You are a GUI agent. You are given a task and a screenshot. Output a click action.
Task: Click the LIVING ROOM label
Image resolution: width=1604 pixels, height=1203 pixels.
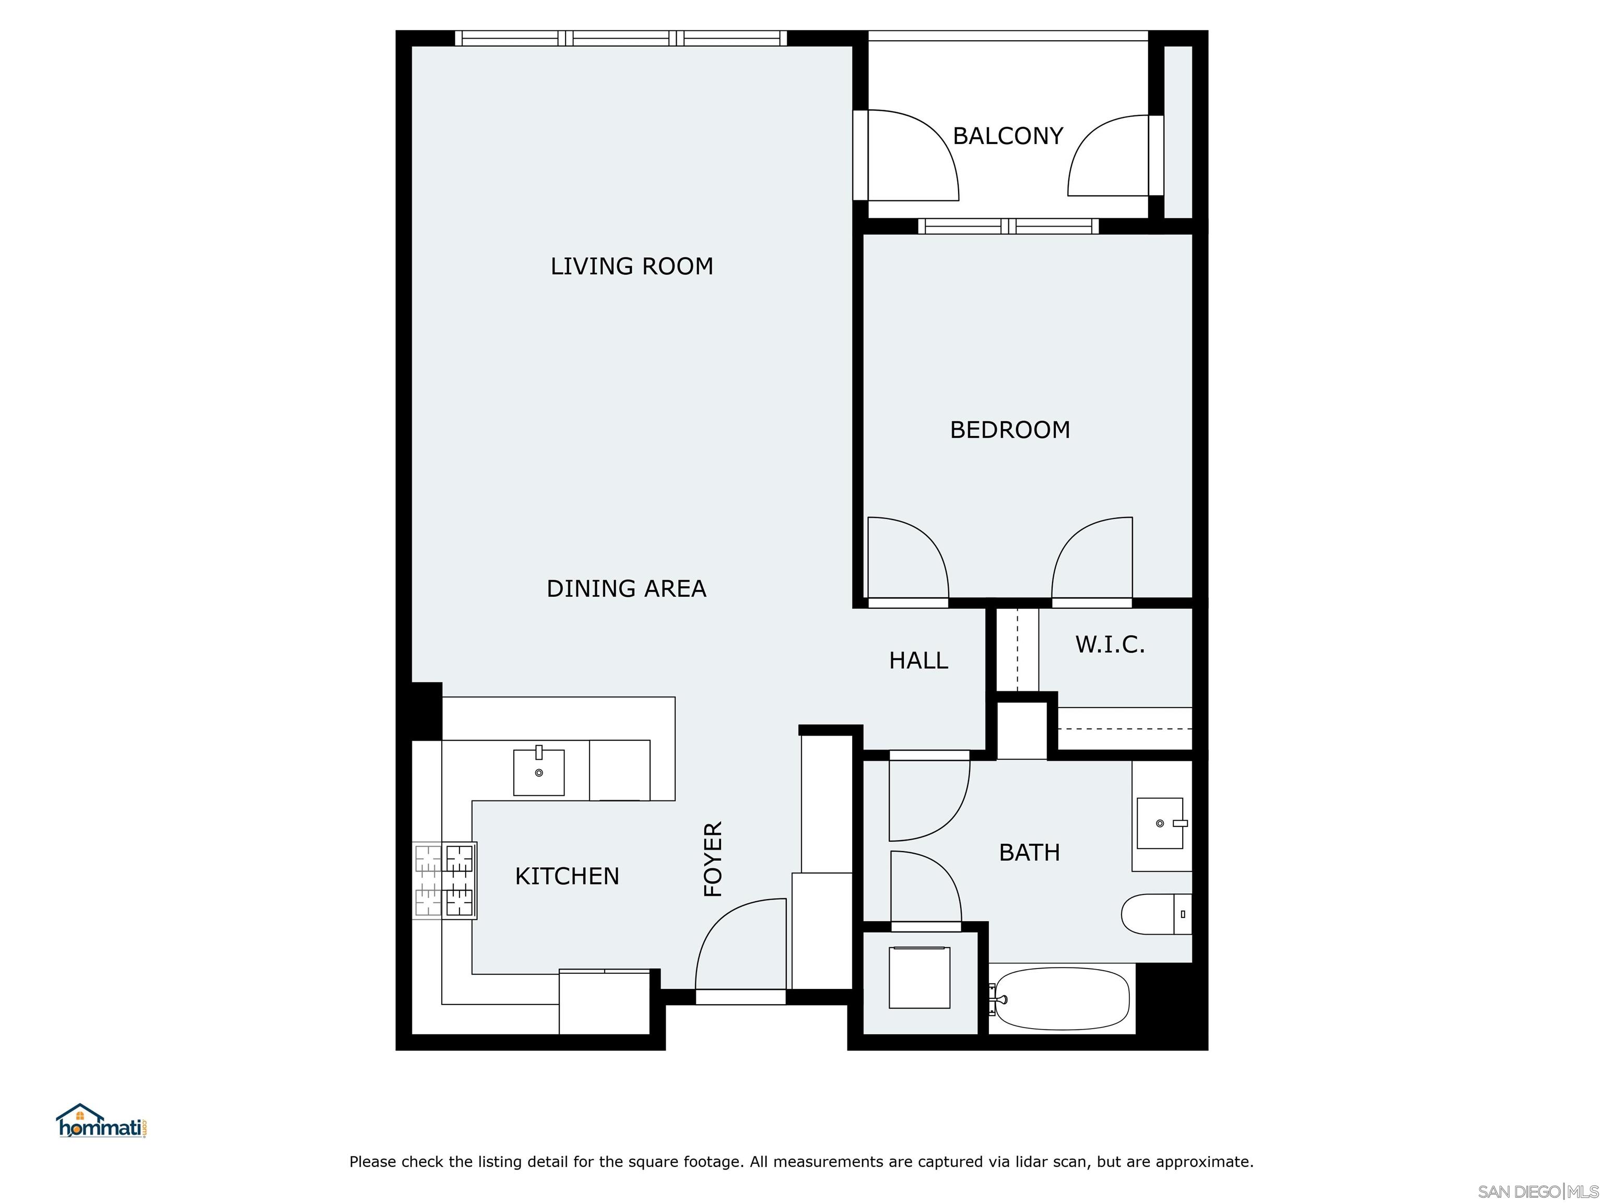(x=632, y=266)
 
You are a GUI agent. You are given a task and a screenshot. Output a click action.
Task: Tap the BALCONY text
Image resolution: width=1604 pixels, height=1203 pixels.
(x=1007, y=136)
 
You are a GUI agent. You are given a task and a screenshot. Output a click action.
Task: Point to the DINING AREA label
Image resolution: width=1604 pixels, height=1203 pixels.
(x=626, y=588)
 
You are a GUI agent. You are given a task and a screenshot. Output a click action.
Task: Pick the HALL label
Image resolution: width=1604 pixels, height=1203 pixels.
(x=918, y=660)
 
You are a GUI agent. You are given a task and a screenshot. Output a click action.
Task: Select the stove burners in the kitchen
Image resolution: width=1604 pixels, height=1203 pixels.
(x=444, y=880)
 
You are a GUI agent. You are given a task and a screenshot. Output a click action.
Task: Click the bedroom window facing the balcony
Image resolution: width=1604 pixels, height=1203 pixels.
(x=1008, y=226)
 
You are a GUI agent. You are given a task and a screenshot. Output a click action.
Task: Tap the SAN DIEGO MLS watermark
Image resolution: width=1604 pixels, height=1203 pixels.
(x=1537, y=1192)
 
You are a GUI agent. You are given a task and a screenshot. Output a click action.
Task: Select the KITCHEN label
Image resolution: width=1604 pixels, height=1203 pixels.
(x=567, y=876)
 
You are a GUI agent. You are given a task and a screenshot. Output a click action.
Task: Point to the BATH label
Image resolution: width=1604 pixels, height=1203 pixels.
(x=1029, y=852)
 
